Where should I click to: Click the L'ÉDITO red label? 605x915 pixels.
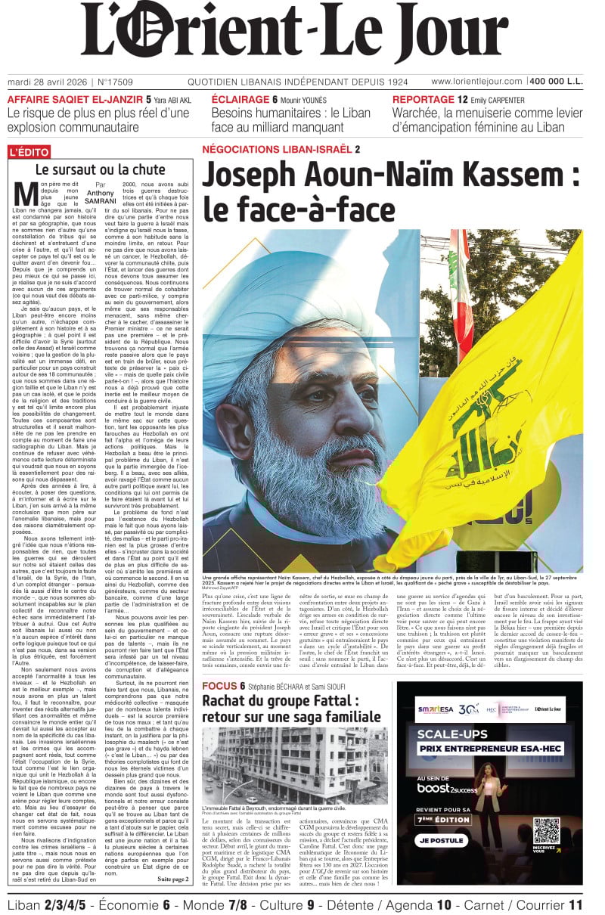point(29,152)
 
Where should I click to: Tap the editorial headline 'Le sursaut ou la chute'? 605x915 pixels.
point(100,170)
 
